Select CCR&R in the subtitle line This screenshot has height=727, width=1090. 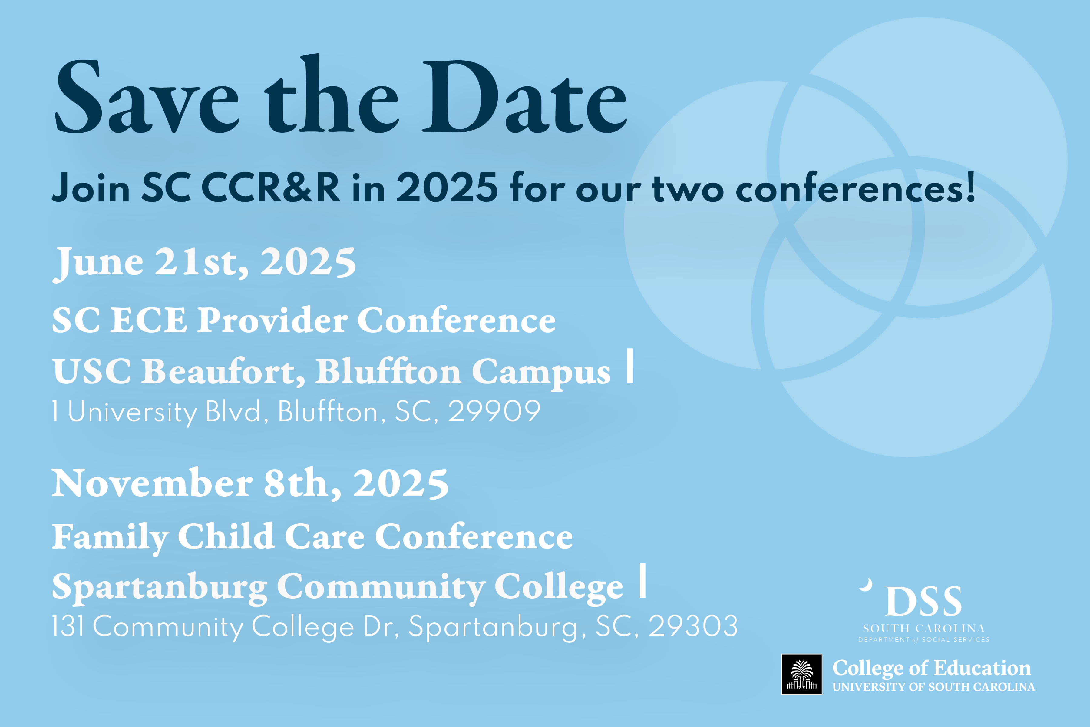[271, 188]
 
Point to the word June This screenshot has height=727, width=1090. [99, 262]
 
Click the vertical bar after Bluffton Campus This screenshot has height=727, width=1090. [630, 366]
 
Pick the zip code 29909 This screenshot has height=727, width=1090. [494, 411]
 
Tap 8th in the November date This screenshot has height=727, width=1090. [302, 483]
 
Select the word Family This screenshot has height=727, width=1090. [110, 537]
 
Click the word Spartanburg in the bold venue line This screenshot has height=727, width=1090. [160, 587]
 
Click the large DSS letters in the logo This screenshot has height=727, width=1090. [924, 601]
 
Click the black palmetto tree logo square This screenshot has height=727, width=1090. [802, 674]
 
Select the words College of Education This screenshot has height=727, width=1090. [932, 668]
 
